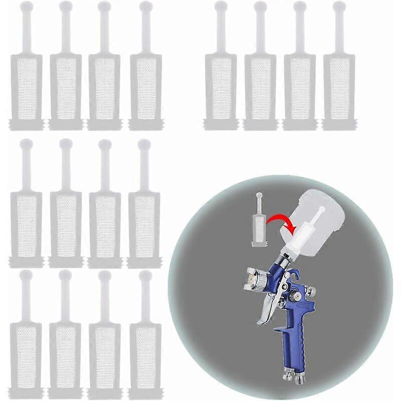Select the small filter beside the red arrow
pyautogui.click(x=259, y=223)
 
